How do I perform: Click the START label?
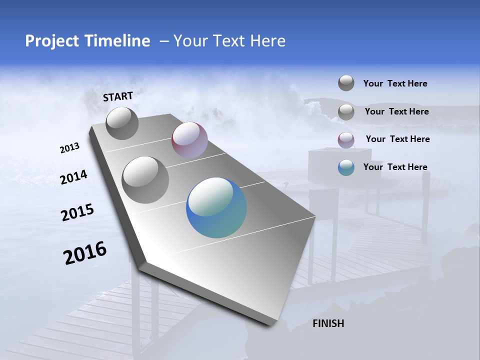click(x=118, y=96)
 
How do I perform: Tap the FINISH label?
click(x=328, y=323)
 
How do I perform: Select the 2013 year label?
click(x=69, y=148)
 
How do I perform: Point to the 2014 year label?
click(x=73, y=177)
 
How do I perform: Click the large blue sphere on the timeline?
click(x=216, y=207)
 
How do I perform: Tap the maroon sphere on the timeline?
click(x=189, y=140)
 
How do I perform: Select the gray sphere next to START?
click(x=122, y=123)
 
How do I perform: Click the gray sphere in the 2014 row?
click(x=145, y=180)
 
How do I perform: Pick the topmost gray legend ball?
click(x=346, y=83)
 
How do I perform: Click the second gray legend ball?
click(x=346, y=112)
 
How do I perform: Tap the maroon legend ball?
click(x=346, y=139)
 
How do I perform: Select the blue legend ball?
click(x=346, y=167)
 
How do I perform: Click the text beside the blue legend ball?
click(x=395, y=167)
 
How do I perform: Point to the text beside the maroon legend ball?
click(x=397, y=139)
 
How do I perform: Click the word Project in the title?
click(x=50, y=41)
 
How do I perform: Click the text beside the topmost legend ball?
click(x=395, y=83)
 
